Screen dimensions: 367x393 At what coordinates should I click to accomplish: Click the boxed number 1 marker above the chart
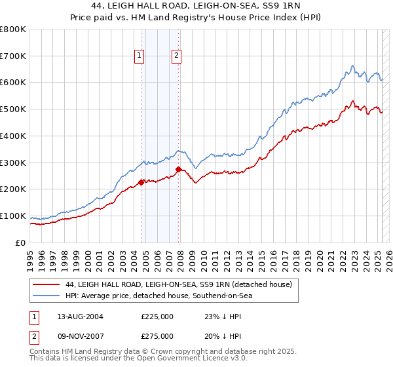[x=140, y=56]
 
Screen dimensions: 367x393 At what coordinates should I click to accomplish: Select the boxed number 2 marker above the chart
[x=177, y=56]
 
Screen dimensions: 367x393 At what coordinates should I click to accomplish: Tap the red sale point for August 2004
[x=141, y=182]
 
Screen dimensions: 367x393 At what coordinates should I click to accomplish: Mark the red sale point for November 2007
[x=179, y=169]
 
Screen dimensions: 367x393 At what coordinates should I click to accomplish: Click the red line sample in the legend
[x=47, y=284]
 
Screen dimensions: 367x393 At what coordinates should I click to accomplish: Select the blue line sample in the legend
[x=47, y=296]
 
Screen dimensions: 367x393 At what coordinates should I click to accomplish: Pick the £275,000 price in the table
[x=157, y=338]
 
